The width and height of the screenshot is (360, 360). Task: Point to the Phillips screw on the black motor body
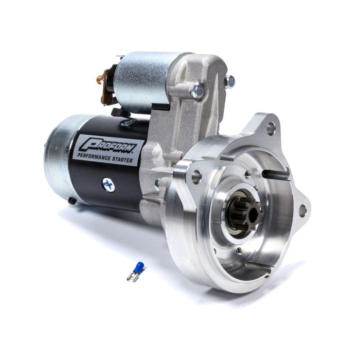109,184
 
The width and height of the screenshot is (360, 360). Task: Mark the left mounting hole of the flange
196,177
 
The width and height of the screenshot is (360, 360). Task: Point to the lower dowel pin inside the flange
258,265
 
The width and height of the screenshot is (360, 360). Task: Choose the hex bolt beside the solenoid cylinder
196,91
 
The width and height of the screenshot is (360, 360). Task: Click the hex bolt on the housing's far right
229,81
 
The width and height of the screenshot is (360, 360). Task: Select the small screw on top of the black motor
127,122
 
